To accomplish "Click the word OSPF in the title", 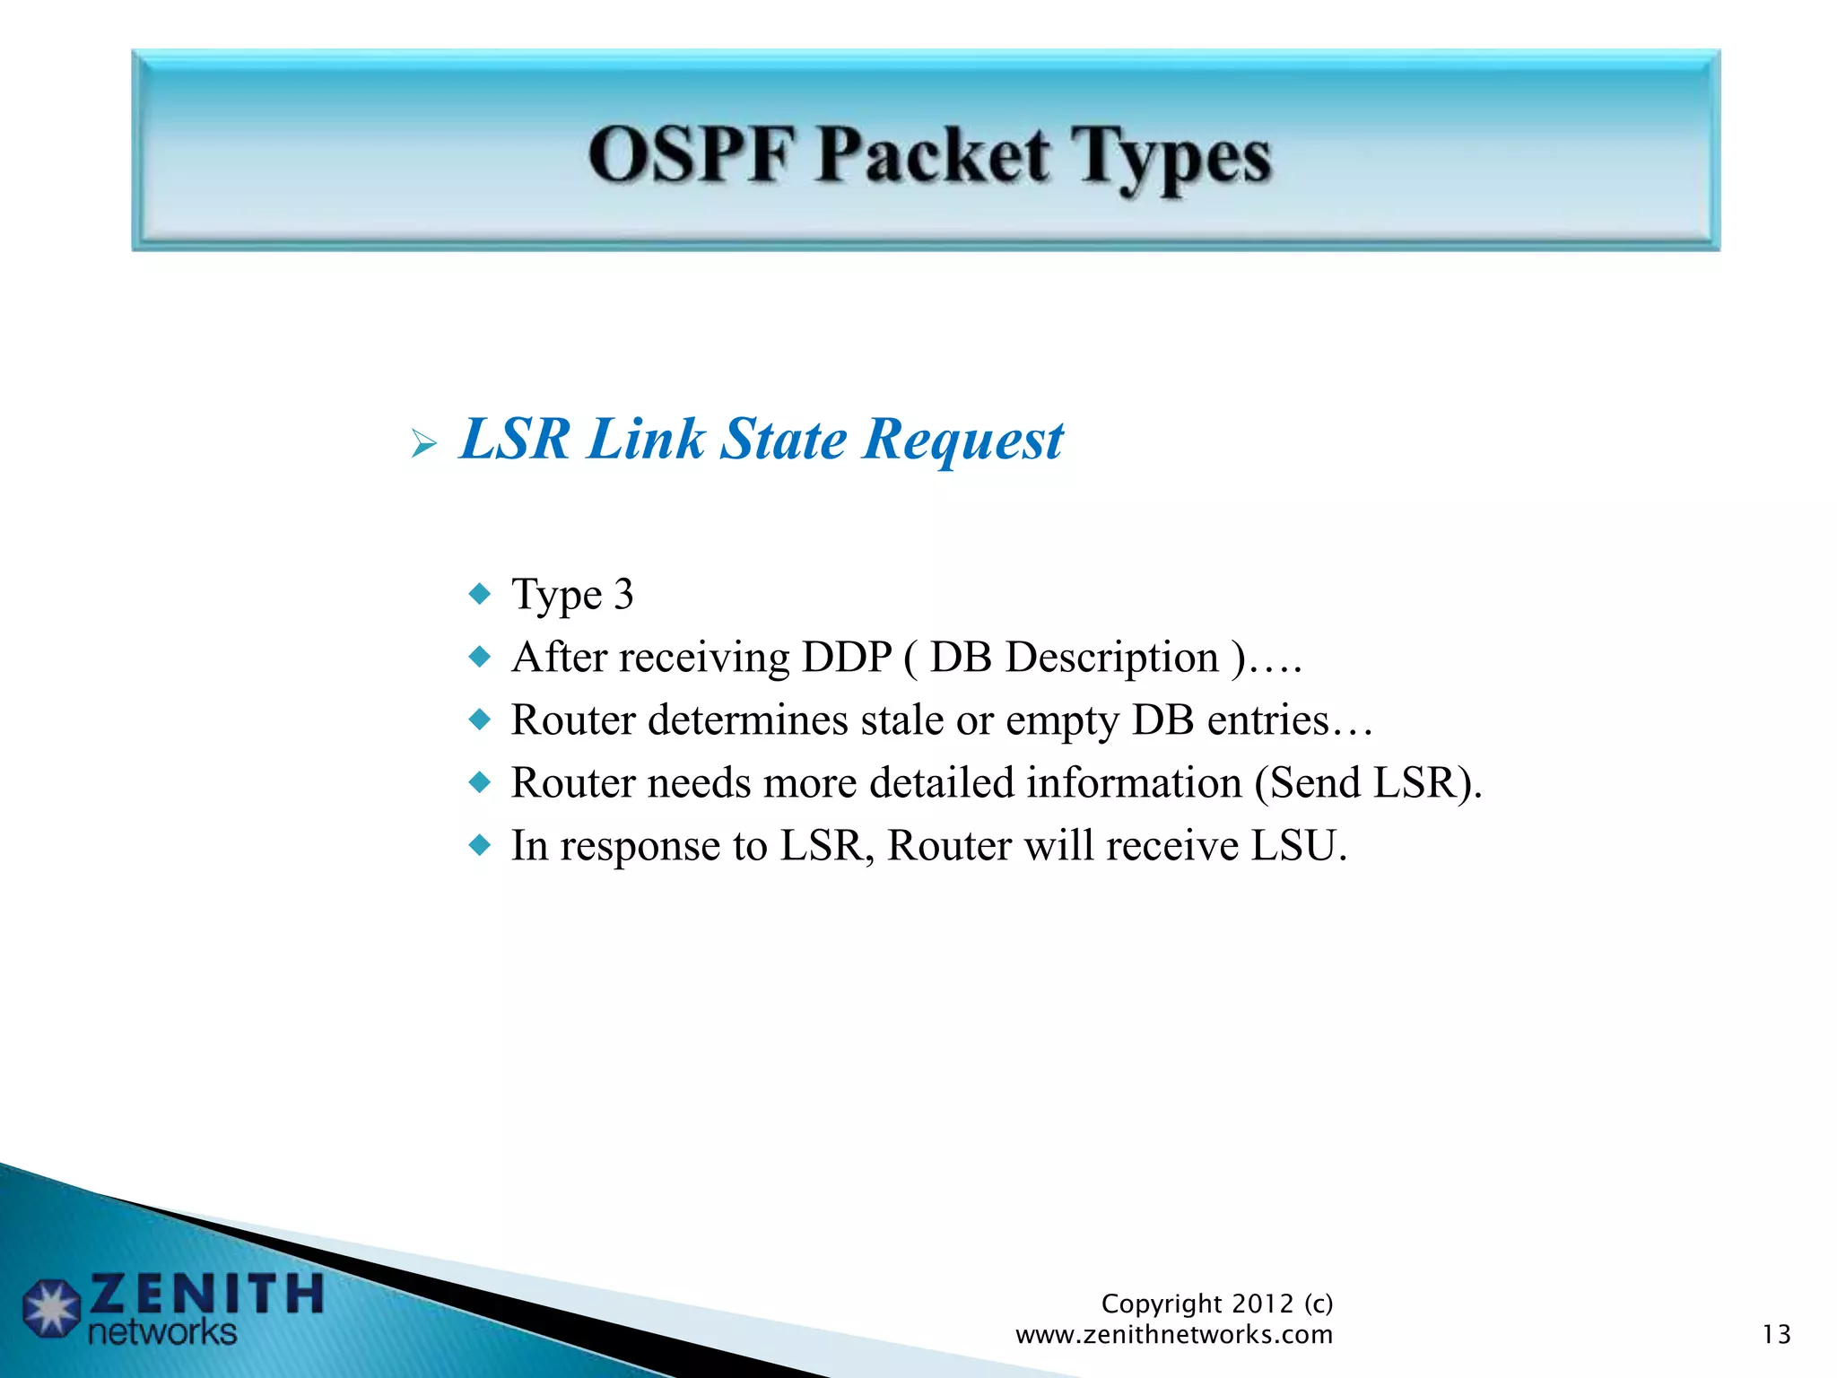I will pyautogui.click(x=691, y=156).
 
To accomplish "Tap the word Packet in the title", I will pyautogui.click(x=932, y=156).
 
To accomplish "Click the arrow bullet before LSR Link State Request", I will pyautogui.click(x=423, y=442).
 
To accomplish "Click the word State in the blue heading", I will pyautogui.click(x=783, y=440).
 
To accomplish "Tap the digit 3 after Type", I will pyautogui.click(x=623, y=595).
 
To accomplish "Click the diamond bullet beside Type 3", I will pyautogui.click(x=481, y=594).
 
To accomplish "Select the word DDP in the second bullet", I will pyautogui.click(x=847, y=658).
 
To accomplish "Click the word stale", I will pyautogui.click(x=901, y=720).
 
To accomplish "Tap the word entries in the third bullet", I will pyautogui.click(x=1267, y=720).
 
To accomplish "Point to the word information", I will pyautogui.click(x=1134, y=783).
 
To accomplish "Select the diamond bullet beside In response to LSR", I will pyautogui.click(x=481, y=845).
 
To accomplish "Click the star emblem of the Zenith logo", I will pyautogui.click(x=52, y=1309).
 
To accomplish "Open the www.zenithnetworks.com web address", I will pyautogui.click(x=1174, y=1335).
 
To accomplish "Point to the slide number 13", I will pyautogui.click(x=1776, y=1335).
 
